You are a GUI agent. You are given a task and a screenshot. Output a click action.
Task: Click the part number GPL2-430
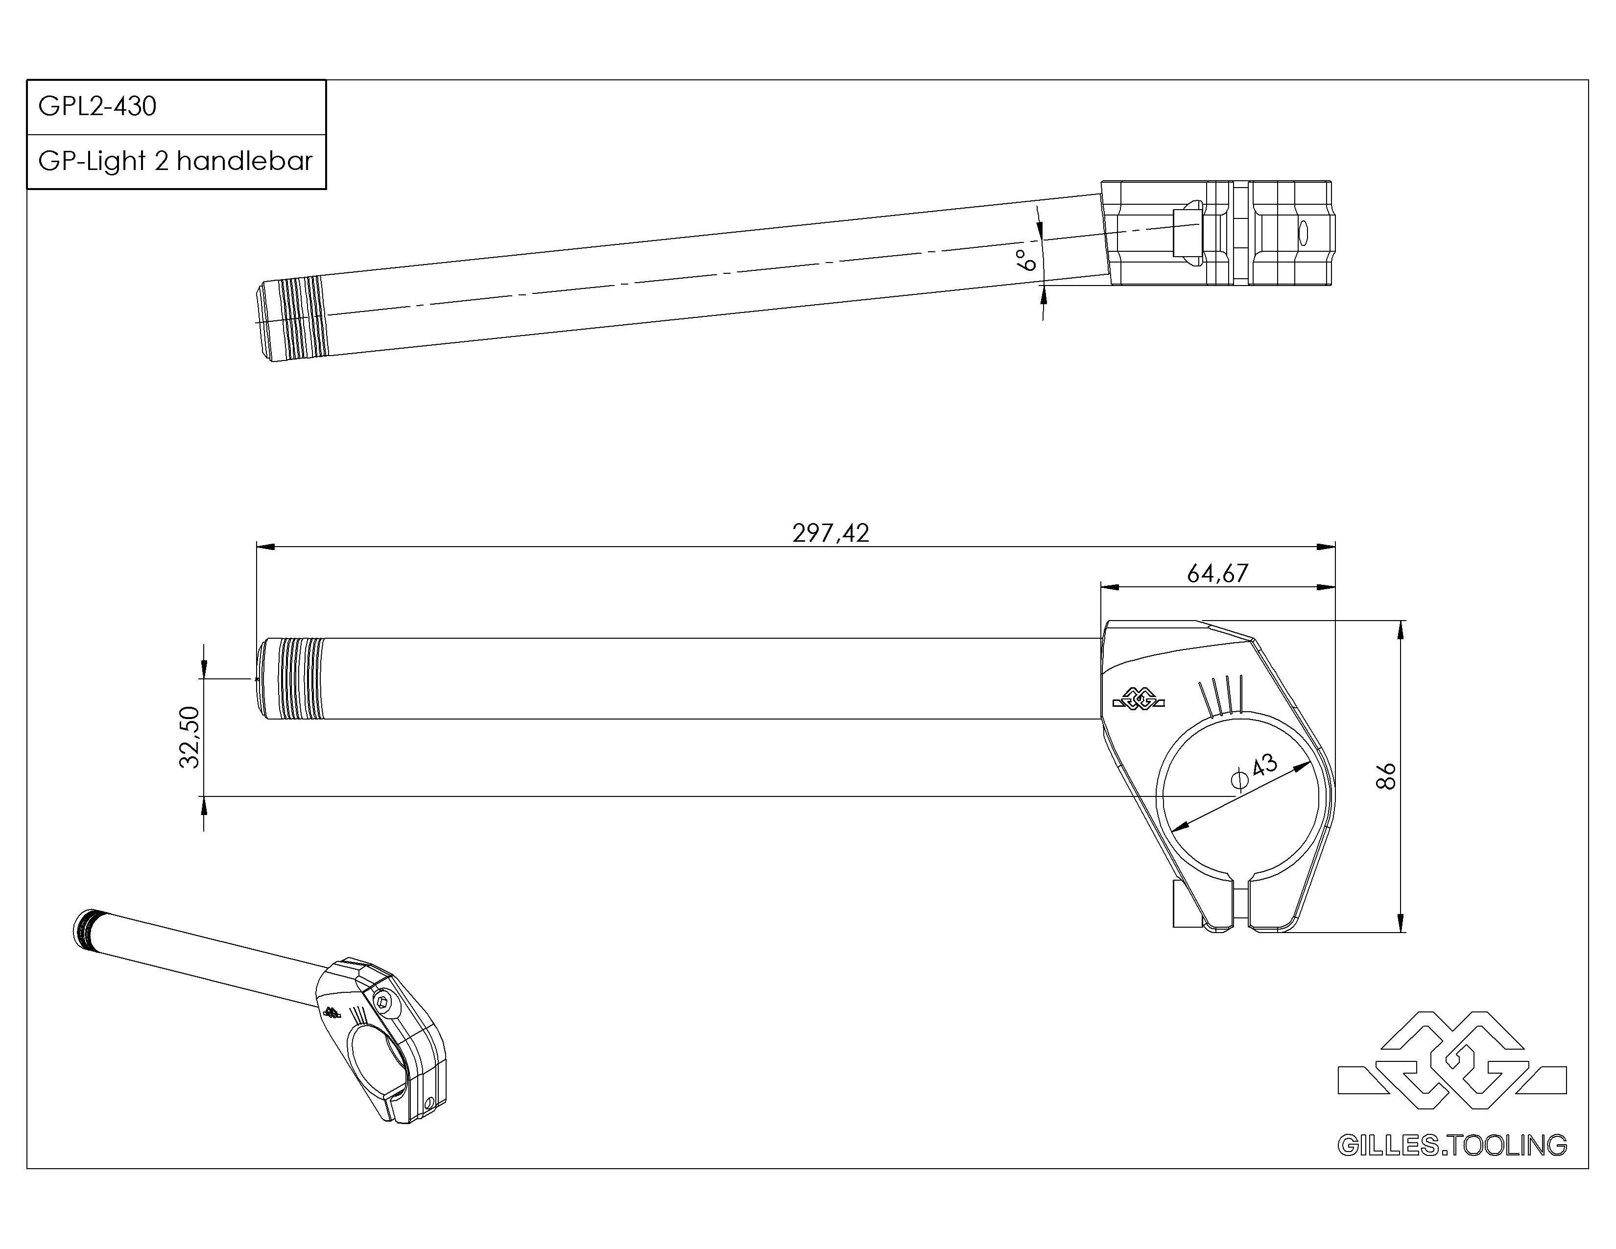pos(97,107)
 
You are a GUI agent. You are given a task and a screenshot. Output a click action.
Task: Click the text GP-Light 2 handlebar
pos(175,161)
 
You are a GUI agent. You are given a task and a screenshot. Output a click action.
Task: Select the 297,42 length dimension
pos(830,533)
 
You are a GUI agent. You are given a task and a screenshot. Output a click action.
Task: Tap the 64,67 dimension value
pos(1217,574)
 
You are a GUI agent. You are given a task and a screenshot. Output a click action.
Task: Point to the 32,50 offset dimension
pos(190,737)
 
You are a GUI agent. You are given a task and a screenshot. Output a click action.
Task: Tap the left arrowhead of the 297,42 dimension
pos(265,547)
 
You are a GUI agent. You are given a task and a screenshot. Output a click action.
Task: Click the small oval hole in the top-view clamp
pos(1303,232)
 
